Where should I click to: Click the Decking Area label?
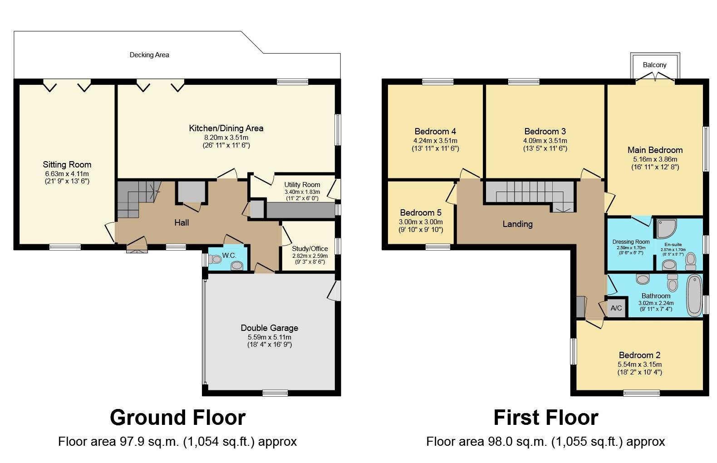point(149,55)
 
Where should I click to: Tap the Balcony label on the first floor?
point(654,65)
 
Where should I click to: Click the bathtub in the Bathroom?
point(694,295)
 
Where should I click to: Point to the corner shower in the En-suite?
point(667,229)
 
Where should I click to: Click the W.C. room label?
point(229,256)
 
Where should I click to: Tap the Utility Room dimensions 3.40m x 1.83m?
point(302,192)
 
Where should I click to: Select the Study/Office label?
point(310,249)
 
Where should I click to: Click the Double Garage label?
point(270,328)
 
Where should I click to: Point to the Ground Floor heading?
point(177,418)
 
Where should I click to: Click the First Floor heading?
point(546,418)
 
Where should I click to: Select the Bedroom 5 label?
point(421,212)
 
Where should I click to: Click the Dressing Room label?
point(631,242)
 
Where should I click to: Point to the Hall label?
point(182,222)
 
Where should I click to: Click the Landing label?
point(518,224)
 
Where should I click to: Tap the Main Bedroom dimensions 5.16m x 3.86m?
point(655,159)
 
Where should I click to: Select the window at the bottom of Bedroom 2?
point(642,393)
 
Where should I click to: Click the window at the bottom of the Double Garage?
point(275,393)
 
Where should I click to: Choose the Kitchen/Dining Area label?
point(226,128)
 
